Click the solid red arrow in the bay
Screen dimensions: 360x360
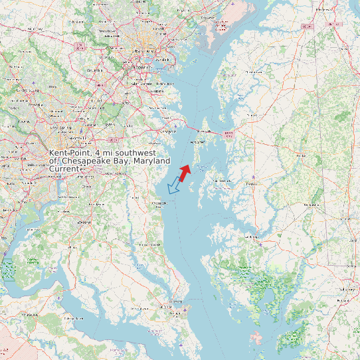click(185, 171)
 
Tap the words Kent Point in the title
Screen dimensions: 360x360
click(70, 153)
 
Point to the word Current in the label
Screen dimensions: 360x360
click(64, 169)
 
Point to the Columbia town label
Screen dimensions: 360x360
click(94, 68)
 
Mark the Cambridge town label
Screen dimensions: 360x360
click(250, 236)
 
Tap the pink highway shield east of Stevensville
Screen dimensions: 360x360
click(229, 134)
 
